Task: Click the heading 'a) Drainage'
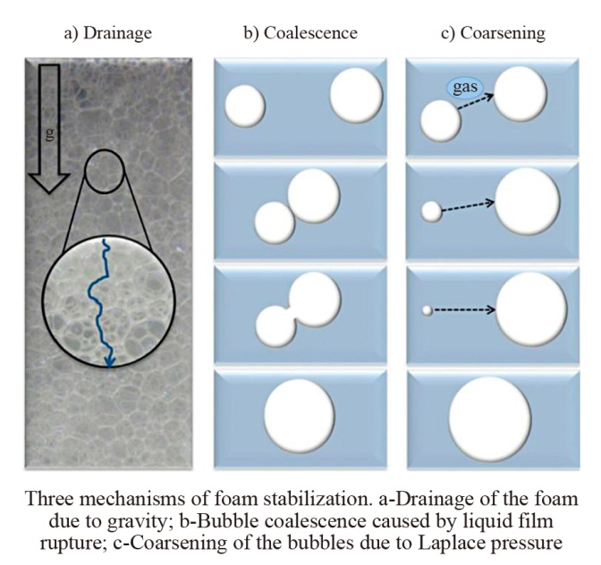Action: click(108, 33)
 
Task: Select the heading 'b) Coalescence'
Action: click(300, 33)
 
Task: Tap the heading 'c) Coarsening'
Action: click(494, 33)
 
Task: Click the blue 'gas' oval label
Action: click(465, 88)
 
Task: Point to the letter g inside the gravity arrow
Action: click(49, 134)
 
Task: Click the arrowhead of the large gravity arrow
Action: click(49, 183)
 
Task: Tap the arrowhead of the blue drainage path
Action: click(110, 361)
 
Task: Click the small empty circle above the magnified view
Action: click(105, 171)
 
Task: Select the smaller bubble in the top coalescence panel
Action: click(245, 105)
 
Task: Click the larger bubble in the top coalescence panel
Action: click(357, 95)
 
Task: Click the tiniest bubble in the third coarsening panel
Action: click(427, 310)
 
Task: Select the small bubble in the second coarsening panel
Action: click(432, 212)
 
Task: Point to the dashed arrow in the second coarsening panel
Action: click(468, 207)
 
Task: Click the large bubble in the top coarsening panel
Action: click(521, 93)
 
